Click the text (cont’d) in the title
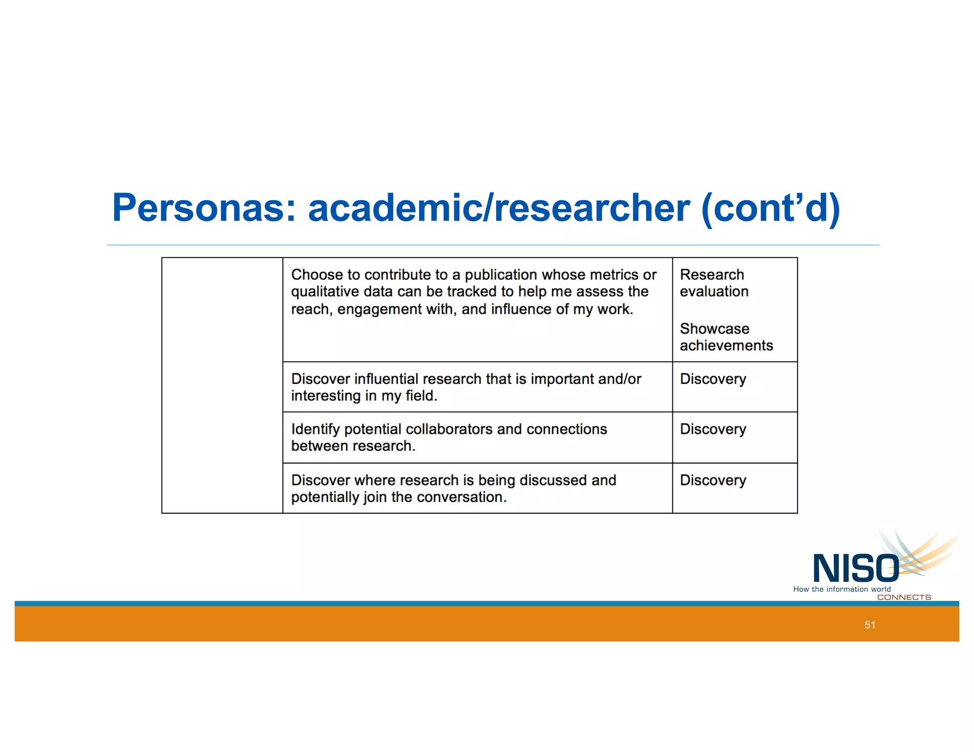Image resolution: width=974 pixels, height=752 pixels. pos(770,208)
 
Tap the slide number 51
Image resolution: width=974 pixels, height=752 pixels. pos(870,625)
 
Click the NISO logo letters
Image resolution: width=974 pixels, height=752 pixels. pos(856,569)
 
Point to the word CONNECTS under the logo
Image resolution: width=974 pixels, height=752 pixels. pos(904,597)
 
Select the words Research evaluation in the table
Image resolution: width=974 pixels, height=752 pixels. pos(713,283)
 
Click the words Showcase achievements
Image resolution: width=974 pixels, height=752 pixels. pos(726,337)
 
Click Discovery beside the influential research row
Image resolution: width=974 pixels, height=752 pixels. pos(712,379)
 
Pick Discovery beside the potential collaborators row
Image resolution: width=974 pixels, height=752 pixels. pos(712,429)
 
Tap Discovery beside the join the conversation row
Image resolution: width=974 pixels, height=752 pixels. pos(712,480)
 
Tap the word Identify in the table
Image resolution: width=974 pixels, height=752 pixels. pos(315,429)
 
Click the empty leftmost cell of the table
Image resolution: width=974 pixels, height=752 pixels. pos(222,385)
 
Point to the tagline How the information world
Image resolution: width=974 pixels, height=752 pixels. pos(841,589)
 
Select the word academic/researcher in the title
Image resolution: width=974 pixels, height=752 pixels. pos(499,208)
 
